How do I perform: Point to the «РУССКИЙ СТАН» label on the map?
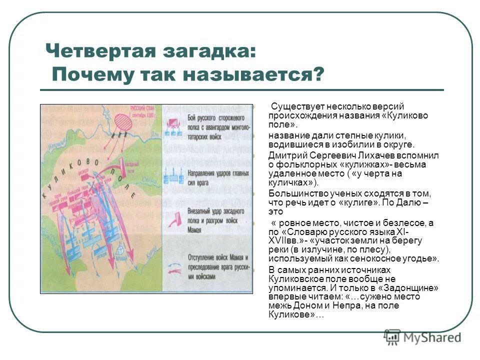(142, 107)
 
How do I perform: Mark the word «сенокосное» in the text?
(374, 258)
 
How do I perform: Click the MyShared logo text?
(431, 337)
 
